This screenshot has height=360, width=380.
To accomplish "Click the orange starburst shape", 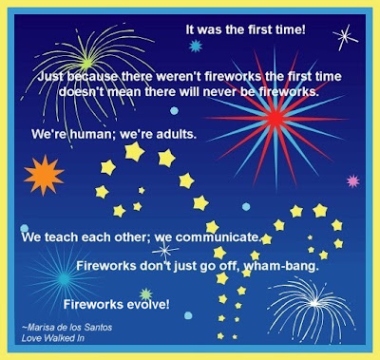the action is (44, 175).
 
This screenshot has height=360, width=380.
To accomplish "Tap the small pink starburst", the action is (352, 181).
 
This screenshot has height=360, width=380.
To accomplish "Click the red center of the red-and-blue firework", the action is (275, 119).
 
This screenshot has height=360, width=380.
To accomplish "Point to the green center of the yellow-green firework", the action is (86, 63).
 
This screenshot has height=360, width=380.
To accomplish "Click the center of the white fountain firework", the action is (314, 303).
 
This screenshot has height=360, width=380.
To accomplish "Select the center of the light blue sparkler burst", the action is (64, 279).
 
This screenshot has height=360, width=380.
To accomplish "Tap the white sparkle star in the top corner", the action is (345, 37).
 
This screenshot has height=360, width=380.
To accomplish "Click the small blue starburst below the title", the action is (196, 47).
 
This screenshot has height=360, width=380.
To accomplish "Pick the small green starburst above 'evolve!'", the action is (146, 294).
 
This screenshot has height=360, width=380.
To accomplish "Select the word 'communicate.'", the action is (218, 237).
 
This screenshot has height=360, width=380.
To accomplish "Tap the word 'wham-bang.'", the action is (281, 266).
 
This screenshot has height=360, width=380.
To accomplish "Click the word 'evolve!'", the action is (148, 304).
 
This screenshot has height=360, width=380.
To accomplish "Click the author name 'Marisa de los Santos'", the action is (67, 327).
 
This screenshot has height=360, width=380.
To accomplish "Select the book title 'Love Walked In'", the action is (53, 338).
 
